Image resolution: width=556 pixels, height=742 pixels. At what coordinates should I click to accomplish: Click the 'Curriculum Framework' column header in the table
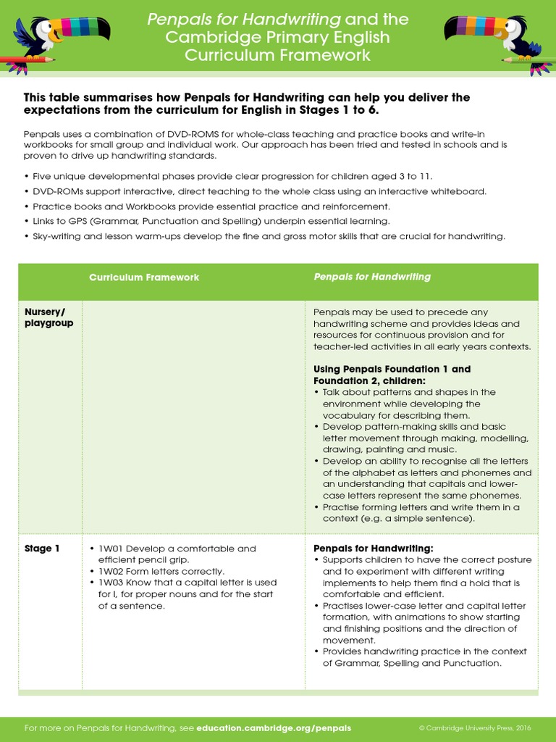pyautogui.click(x=143, y=278)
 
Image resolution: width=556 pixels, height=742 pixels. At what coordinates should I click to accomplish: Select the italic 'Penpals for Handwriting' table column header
pyautogui.click(x=371, y=277)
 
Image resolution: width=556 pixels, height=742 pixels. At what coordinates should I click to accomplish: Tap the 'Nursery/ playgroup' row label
pyautogui.click(x=49, y=317)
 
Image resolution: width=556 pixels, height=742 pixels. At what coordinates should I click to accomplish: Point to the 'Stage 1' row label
pyautogui.click(x=42, y=549)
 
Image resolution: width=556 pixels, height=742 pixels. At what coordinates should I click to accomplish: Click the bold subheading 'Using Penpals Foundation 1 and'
pyautogui.click(x=392, y=369)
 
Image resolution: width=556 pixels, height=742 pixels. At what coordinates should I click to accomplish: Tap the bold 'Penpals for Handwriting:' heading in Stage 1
pyautogui.click(x=373, y=549)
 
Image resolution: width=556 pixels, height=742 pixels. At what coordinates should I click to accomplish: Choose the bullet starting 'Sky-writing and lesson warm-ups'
pyautogui.click(x=268, y=236)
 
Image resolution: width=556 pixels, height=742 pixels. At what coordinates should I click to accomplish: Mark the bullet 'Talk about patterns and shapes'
pyautogui.click(x=409, y=392)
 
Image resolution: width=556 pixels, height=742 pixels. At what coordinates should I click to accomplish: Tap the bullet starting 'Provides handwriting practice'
pyautogui.click(x=424, y=651)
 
